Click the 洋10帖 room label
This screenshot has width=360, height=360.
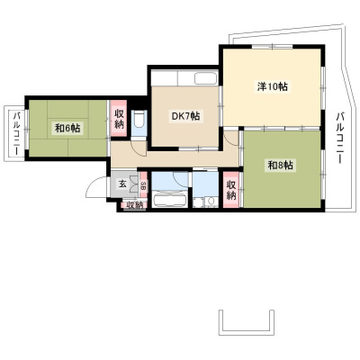272,86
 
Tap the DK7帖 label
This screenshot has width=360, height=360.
185,116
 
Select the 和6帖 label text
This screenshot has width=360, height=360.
67,129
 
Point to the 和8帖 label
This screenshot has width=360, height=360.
281,166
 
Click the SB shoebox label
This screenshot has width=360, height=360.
143,186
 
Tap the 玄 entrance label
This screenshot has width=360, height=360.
122,184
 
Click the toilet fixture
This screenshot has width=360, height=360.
139,120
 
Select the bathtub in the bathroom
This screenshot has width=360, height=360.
169,200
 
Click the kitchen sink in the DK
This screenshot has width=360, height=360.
206,78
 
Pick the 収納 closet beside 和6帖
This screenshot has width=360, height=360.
119,119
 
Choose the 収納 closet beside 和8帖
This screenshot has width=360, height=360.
230,190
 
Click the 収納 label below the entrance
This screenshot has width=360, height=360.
134,205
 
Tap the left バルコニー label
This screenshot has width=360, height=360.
16,133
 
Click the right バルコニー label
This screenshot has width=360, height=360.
340,138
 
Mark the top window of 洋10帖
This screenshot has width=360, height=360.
272,47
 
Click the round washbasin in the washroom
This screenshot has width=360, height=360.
211,202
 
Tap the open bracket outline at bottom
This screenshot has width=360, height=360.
247,333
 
